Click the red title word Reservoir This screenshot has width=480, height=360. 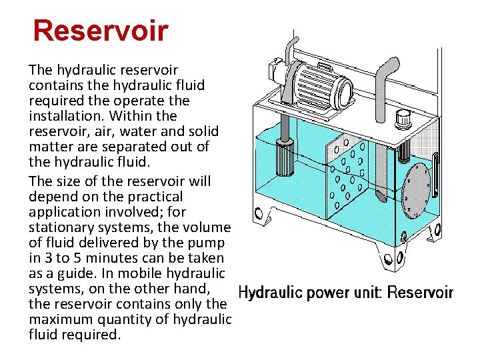pos(101,31)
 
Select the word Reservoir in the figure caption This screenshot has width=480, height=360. pos(421,293)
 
